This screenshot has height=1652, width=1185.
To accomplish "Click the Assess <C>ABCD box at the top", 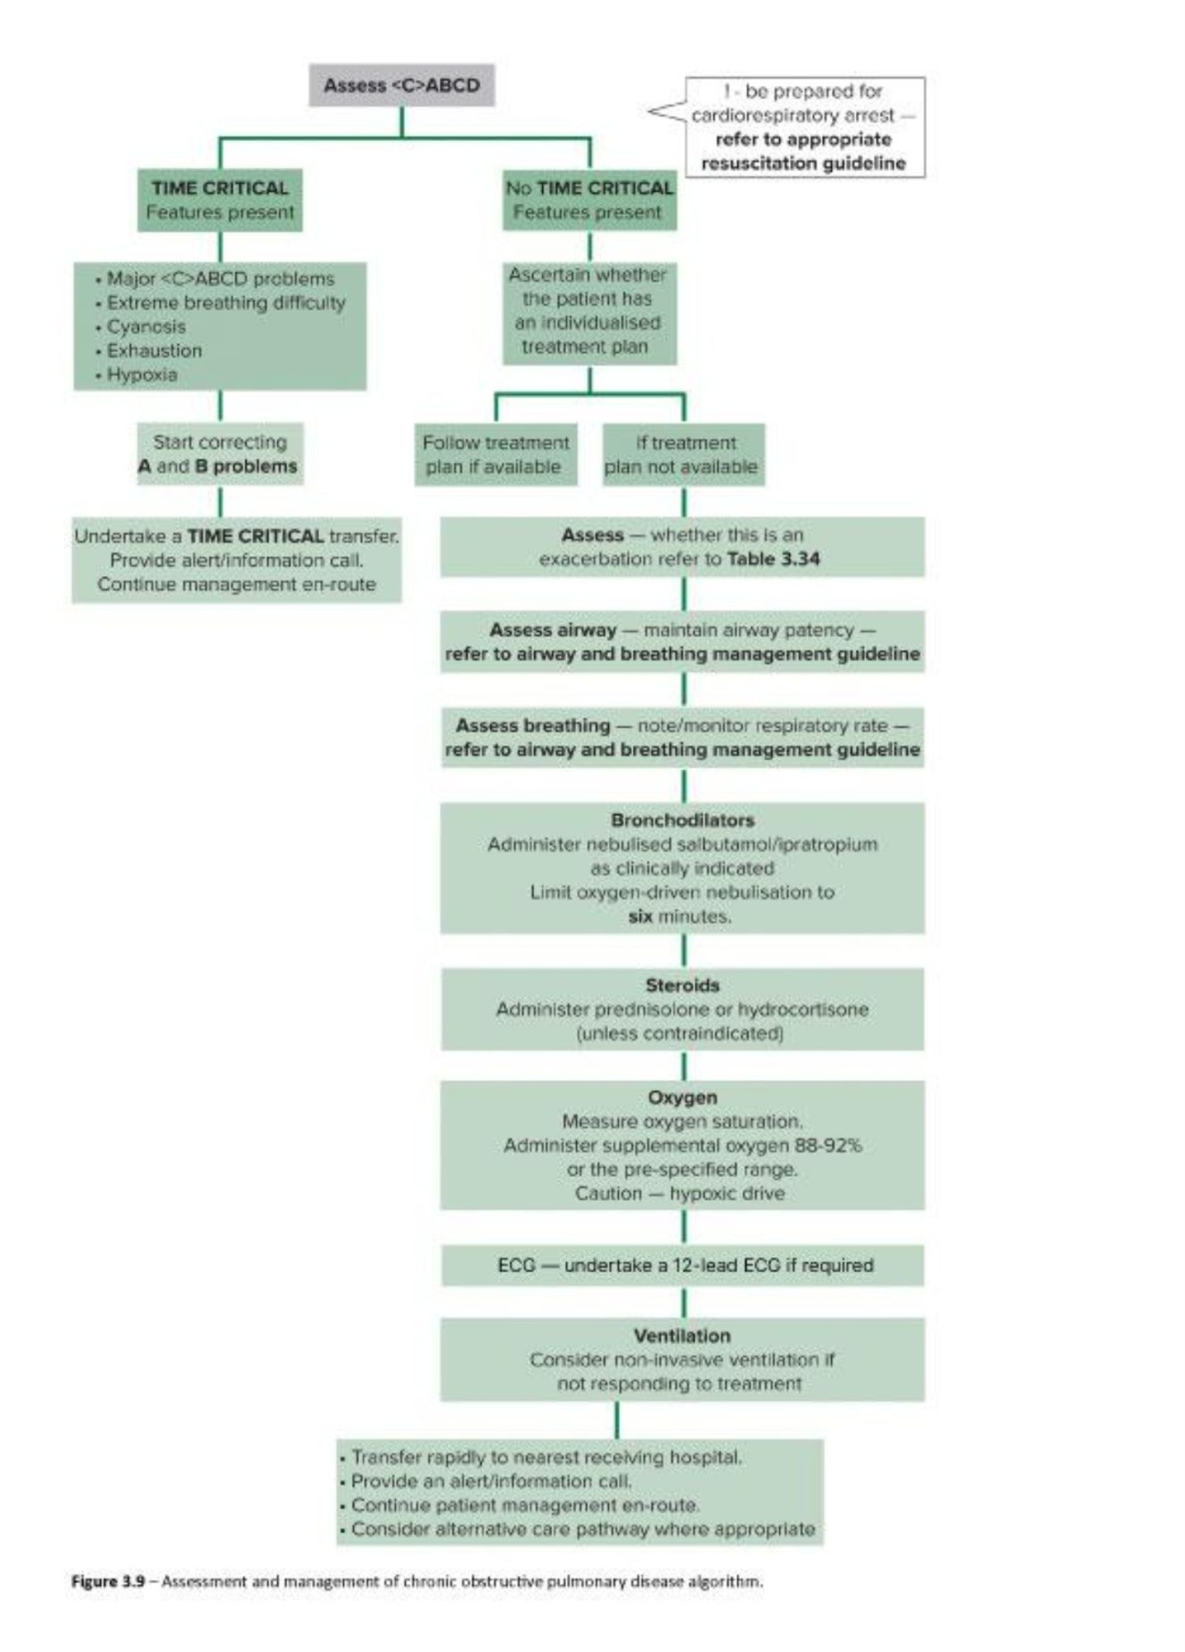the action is (x=401, y=86).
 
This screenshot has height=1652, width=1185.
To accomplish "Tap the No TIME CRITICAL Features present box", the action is (x=589, y=201).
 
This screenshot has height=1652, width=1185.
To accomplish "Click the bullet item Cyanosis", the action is (x=146, y=327).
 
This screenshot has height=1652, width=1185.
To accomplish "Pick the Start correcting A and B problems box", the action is (x=219, y=454).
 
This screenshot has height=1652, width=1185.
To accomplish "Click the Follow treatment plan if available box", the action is (x=496, y=455).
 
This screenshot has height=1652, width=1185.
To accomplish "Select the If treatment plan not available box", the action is (x=684, y=455).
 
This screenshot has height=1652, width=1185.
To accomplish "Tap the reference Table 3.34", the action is (x=774, y=559).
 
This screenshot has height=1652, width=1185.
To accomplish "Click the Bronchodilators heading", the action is (x=683, y=820).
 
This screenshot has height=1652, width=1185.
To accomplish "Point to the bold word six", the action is (x=640, y=916).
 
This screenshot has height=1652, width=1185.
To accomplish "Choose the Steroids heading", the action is (x=683, y=985).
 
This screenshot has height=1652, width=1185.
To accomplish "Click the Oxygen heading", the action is (x=683, y=1097).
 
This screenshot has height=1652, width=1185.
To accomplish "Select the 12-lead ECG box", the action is (x=683, y=1265).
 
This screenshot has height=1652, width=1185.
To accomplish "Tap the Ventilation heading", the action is (x=683, y=1336).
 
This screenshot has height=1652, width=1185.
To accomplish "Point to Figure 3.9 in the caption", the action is (x=108, y=1582).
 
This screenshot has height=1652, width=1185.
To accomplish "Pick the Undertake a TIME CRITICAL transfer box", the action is (x=236, y=560).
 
